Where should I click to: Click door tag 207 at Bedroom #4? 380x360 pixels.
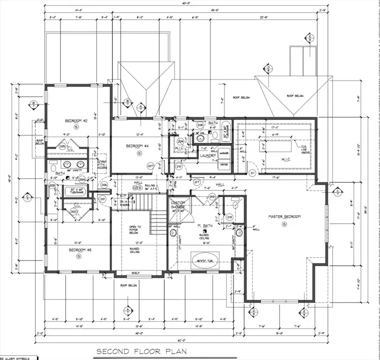151,166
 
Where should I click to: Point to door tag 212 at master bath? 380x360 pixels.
212,197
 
